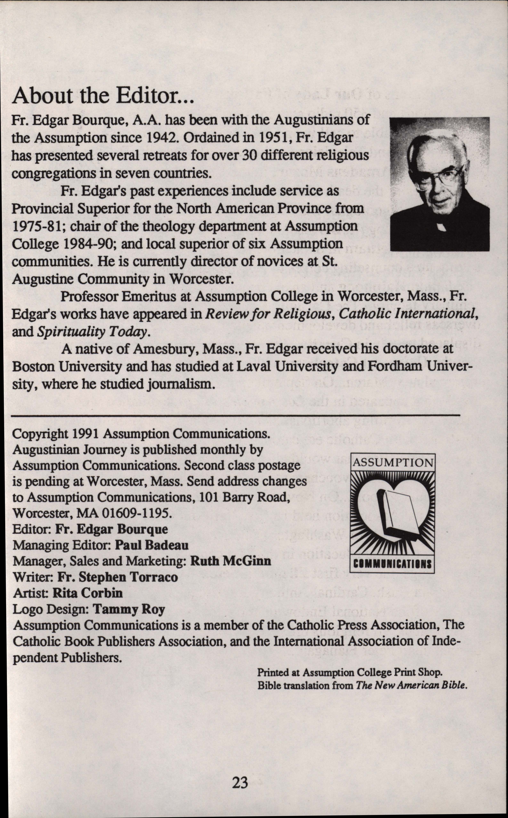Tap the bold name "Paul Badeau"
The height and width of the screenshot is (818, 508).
click(151, 545)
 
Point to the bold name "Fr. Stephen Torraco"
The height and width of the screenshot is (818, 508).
click(118, 577)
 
